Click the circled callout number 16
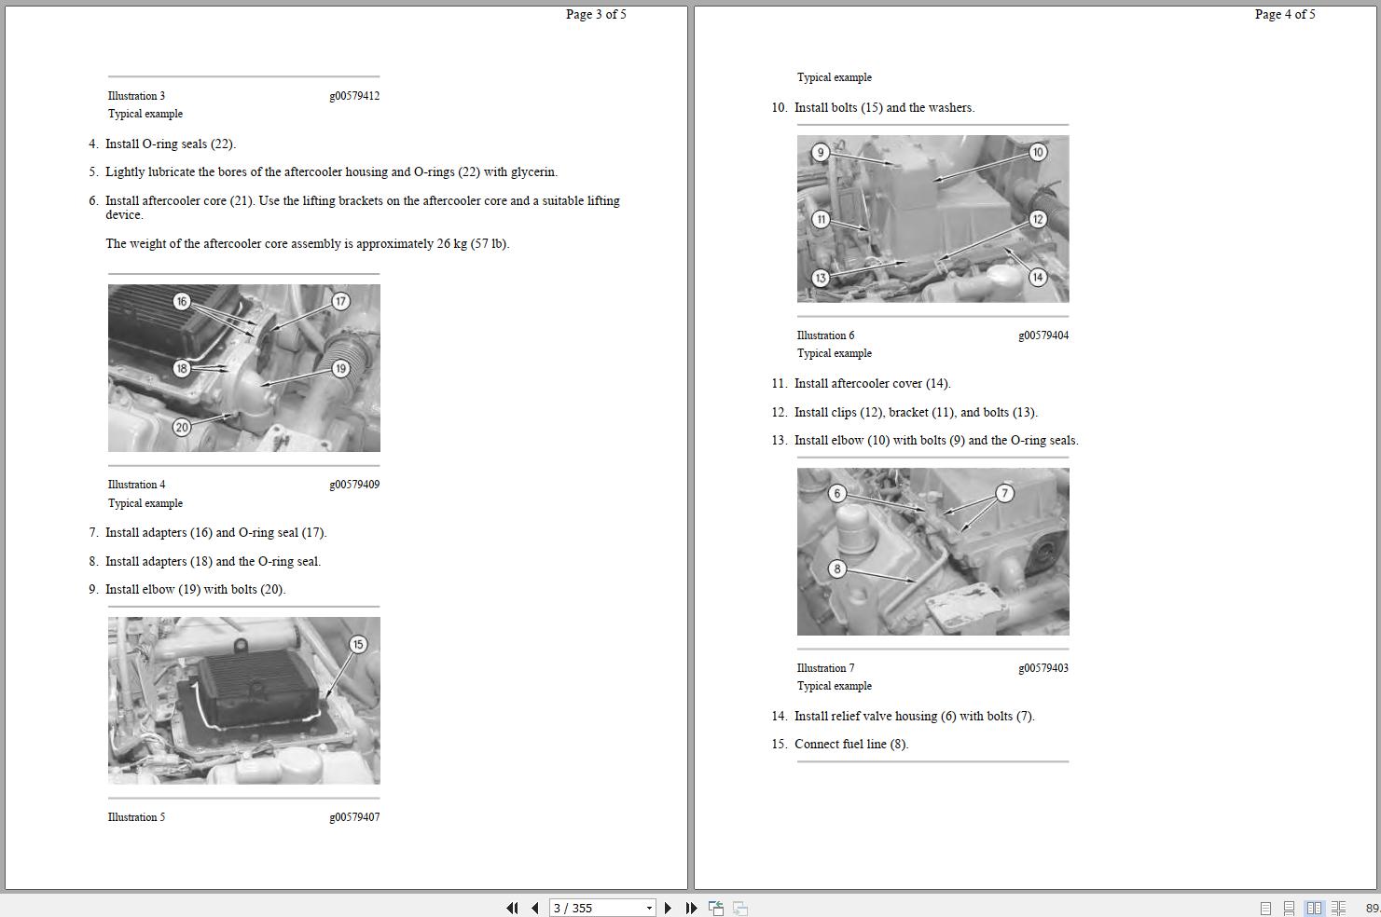182,301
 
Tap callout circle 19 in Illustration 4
340,368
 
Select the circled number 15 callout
358,644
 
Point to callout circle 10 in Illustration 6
1038,152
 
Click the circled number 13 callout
821,278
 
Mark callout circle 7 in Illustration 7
1004,493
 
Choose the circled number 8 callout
837,568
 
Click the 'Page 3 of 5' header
596,14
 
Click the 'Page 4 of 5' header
1285,14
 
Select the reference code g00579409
354,485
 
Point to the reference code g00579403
1043,668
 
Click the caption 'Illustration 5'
136,817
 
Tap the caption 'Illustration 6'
825,335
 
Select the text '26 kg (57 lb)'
472,244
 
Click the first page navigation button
512,908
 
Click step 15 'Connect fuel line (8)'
850,745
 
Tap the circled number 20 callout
182,427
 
